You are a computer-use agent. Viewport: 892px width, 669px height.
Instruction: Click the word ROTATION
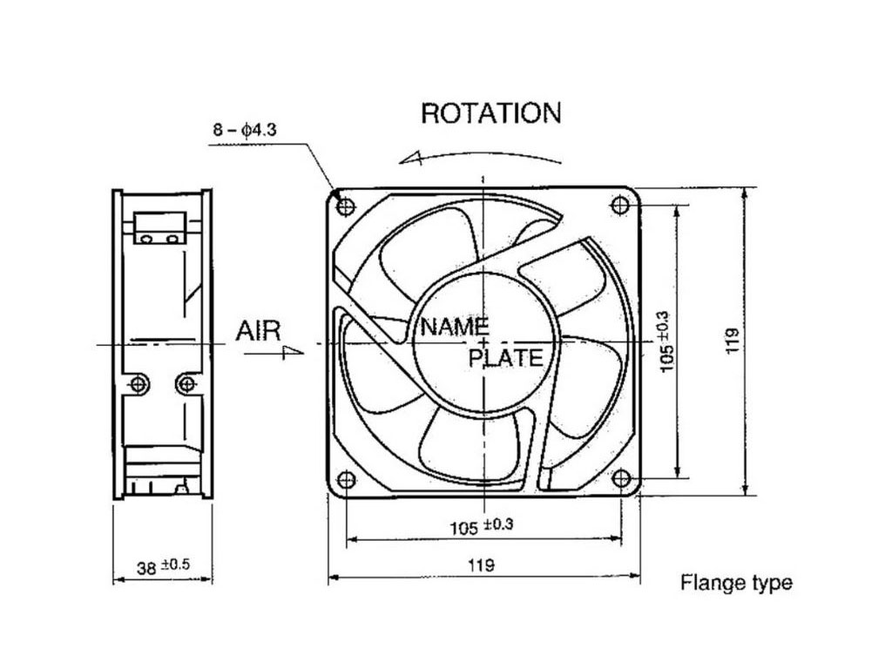[x=490, y=113]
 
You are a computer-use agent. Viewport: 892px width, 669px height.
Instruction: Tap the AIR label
[x=259, y=330]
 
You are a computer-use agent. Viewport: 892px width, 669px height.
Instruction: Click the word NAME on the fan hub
[x=455, y=328]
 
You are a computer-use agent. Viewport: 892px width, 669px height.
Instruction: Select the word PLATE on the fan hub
[x=506, y=357]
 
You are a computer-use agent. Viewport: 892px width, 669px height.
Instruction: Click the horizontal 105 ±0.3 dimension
[x=482, y=526]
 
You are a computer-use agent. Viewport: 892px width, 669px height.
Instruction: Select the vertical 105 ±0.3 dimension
[x=667, y=341]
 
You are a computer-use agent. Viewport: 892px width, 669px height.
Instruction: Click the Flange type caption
[x=736, y=583]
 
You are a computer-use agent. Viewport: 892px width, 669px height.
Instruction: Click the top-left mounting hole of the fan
[x=346, y=206]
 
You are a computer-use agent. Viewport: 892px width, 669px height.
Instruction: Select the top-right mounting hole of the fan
[x=620, y=206]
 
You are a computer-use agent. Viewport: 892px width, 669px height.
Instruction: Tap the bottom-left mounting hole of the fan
[x=346, y=479]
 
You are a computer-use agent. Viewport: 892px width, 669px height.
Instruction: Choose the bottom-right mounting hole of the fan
[x=620, y=478]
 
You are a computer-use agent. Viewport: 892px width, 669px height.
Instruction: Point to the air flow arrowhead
[x=294, y=353]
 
